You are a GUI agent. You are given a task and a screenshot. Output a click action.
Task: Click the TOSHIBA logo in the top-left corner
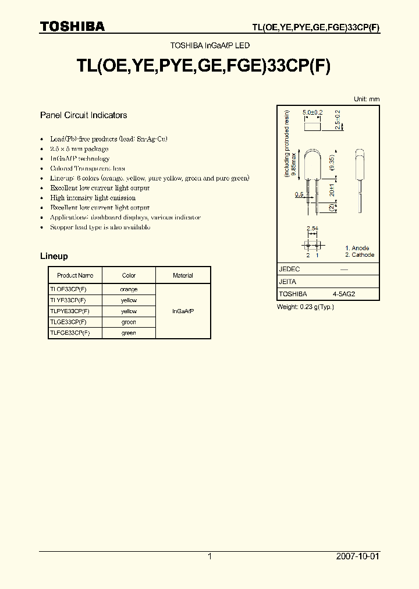[x=72, y=26]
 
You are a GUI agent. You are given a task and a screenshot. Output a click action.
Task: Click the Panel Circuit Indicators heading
[x=83, y=115]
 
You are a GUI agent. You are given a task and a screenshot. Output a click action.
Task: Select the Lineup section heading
[x=54, y=256]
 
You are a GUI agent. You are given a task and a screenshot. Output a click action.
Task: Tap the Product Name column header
[x=75, y=275]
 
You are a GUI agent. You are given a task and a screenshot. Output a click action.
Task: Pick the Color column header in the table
[x=129, y=275]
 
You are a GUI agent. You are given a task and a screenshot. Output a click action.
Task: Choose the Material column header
[x=183, y=275]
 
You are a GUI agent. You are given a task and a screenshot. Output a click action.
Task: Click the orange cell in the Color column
[x=129, y=289]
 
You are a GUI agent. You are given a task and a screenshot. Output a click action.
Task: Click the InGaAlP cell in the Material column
[x=183, y=311]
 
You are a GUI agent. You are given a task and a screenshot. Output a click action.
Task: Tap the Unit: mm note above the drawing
[x=367, y=99]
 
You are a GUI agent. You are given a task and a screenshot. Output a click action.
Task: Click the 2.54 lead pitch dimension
[x=313, y=228]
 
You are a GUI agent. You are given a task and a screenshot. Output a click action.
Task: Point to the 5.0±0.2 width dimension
[x=313, y=111]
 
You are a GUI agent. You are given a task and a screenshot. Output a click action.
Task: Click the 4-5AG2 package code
[x=343, y=294]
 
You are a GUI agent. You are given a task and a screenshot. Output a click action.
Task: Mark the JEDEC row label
[x=289, y=269]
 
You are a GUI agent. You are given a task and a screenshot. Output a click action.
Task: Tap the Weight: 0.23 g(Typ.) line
[x=305, y=307]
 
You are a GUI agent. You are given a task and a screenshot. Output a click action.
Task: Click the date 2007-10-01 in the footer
[x=357, y=556]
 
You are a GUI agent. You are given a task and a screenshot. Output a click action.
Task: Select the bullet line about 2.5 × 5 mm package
[x=79, y=149]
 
